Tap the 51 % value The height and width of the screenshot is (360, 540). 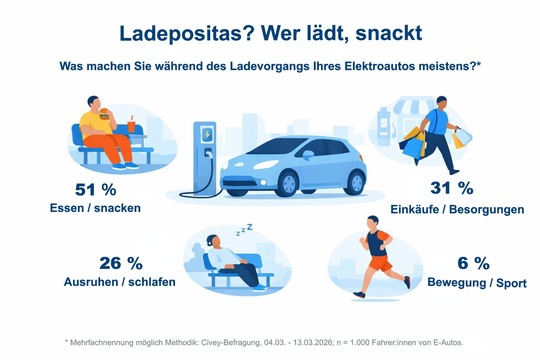pyautogui.click(x=96, y=189)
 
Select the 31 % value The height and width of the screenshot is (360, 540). pyautogui.click(x=451, y=187)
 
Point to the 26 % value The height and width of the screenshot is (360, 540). pyautogui.click(x=121, y=263)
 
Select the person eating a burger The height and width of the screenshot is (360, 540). pyautogui.click(x=101, y=130)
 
